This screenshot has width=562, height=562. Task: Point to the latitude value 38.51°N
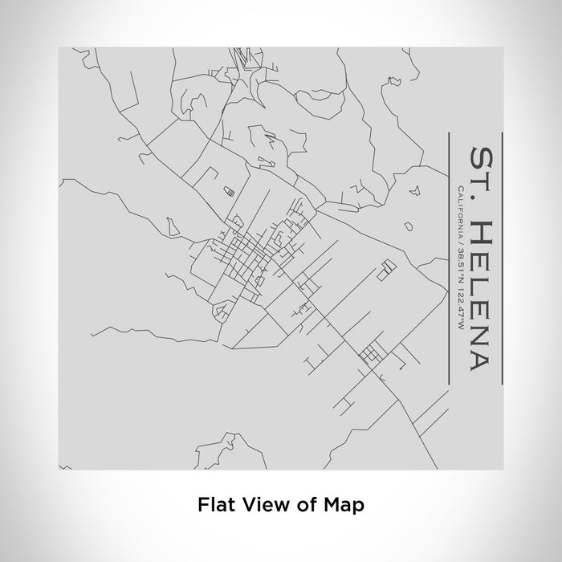coord(458,262)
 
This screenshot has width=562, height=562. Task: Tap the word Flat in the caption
coord(211,505)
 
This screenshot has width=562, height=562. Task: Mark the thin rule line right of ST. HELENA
coord(501,259)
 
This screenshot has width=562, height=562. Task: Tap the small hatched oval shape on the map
coord(228,190)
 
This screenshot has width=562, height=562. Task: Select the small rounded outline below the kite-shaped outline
coord(408,227)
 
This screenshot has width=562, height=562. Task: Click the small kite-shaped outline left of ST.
coord(414,191)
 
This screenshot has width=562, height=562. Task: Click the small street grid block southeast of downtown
coord(370,354)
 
